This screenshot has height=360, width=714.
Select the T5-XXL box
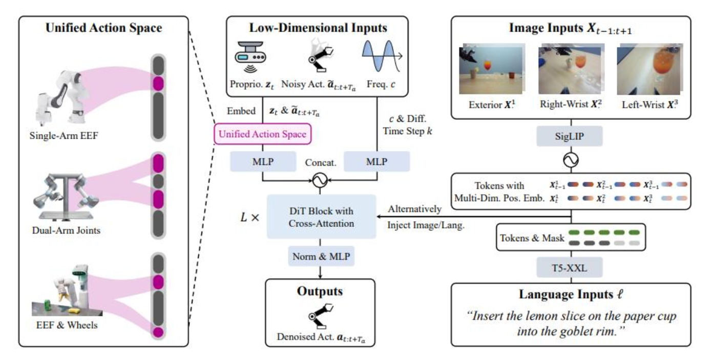(x=570, y=267)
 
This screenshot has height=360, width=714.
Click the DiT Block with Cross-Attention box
(x=321, y=217)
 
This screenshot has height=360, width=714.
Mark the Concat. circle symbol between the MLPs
(x=321, y=180)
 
